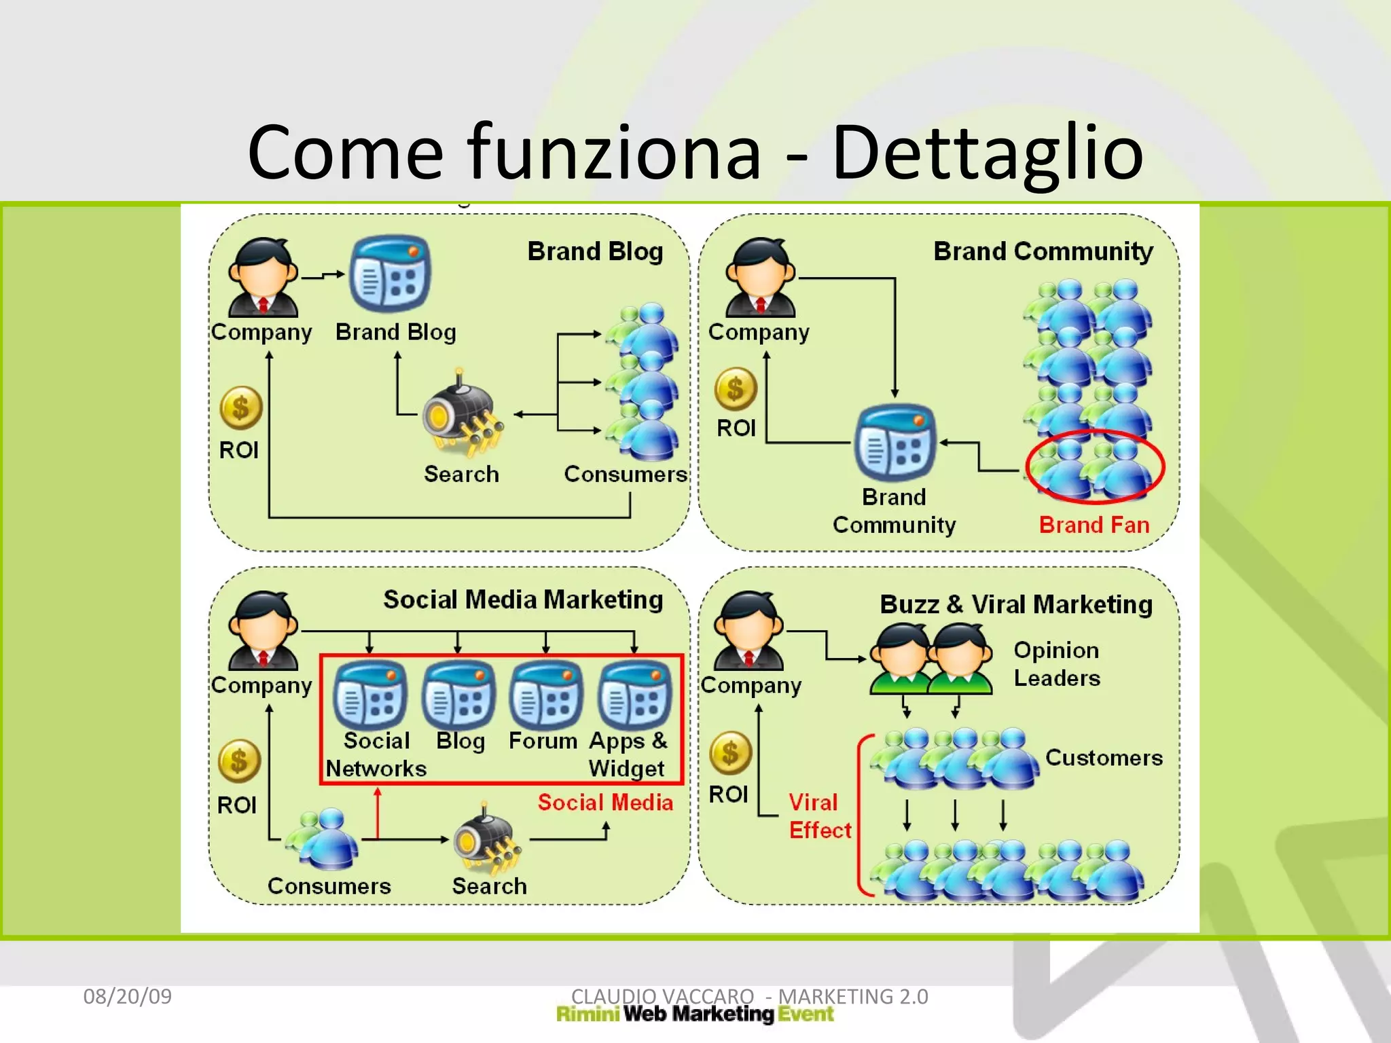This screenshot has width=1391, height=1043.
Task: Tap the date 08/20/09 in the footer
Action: click(127, 996)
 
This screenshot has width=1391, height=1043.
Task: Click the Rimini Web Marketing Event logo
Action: click(694, 1014)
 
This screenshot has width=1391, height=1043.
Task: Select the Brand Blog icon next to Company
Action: click(389, 273)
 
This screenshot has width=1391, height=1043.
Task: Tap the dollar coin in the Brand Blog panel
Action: click(240, 408)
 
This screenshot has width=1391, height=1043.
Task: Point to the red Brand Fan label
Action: click(1094, 525)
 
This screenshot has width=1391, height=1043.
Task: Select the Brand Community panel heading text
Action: click(1043, 251)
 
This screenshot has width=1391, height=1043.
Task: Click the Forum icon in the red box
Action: click(545, 695)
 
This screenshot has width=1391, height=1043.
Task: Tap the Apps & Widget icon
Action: click(634, 695)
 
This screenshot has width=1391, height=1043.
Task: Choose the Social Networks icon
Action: click(370, 695)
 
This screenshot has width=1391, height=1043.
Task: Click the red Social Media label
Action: click(604, 802)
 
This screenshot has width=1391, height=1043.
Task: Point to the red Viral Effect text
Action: click(818, 816)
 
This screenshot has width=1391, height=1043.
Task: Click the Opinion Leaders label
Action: click(1056, 663)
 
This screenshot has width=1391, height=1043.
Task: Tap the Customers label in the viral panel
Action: click(1103, 757)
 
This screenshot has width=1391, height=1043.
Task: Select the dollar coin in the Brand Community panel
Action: click(735, 389)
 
